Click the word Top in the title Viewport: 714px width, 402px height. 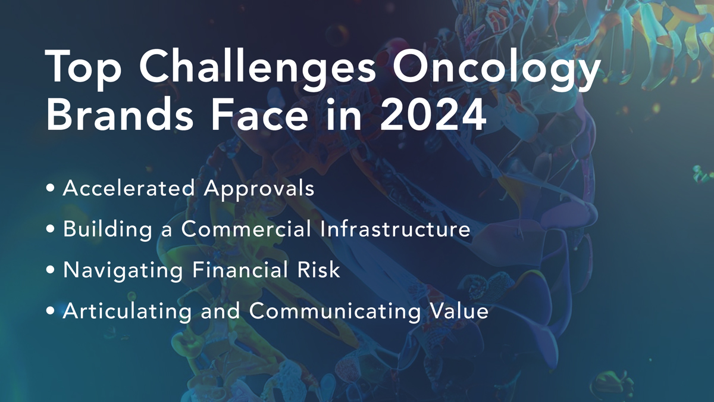83,68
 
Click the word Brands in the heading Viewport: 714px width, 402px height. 120,114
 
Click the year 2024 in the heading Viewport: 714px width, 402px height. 433,115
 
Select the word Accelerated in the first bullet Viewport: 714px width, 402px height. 129,188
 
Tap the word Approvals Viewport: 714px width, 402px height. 259,189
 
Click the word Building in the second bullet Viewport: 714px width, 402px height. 108,230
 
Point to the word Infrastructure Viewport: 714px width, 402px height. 395,229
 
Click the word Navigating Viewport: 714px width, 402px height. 123,270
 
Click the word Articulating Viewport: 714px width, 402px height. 127,311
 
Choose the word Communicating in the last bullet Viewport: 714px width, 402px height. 334,311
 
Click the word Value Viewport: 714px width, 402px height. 459,310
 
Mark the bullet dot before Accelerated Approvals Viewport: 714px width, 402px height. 51,188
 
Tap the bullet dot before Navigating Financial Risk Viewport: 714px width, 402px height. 51,270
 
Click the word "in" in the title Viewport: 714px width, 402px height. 344,114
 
